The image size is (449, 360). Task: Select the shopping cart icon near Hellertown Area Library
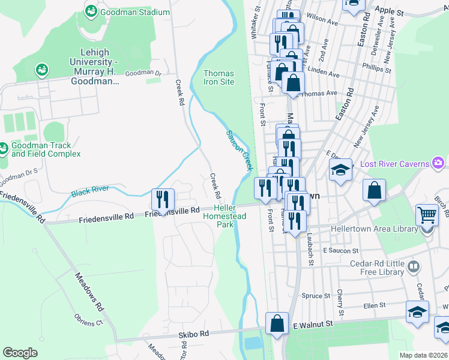coord(427,214)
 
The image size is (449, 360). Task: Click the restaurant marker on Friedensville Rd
coord(163,199)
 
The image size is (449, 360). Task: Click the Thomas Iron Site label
coord(218,77)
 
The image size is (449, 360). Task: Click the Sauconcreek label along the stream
coord(238,150)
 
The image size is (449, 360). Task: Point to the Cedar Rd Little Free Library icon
coord(413,266)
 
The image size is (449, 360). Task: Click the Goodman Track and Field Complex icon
coord(4,148)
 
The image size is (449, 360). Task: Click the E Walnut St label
coord(312,325)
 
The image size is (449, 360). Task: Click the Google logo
coord(20,353)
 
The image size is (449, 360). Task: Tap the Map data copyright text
coord(424,355)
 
